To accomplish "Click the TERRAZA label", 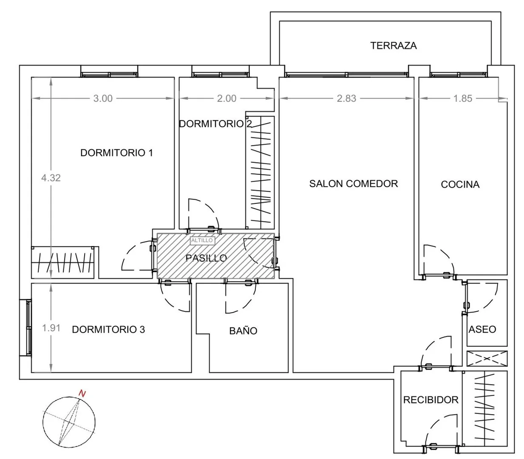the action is [394, 46].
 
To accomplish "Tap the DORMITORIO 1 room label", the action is [116, 153].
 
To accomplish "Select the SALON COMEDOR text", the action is [354, 183].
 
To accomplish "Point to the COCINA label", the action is [460, 185].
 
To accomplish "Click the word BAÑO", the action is [243, 331].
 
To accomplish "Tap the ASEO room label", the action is [482, 329].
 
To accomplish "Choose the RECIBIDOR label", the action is [431, 400].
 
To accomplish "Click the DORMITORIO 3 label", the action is [108, 329].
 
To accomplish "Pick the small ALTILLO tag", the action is [202, 240].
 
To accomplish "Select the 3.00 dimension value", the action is [103, 98].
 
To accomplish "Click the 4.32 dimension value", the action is [51, 178].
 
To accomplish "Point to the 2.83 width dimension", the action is [346, 98].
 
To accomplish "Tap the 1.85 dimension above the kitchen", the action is [462, 98].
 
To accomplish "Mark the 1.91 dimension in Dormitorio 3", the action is [51, 328].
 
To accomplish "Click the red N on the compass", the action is [82, 393].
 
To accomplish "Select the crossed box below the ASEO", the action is [487, 359].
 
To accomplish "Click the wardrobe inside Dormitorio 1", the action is [63, 262].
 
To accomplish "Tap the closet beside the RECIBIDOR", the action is [484, 408].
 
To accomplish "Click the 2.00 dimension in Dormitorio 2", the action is [227, 98].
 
